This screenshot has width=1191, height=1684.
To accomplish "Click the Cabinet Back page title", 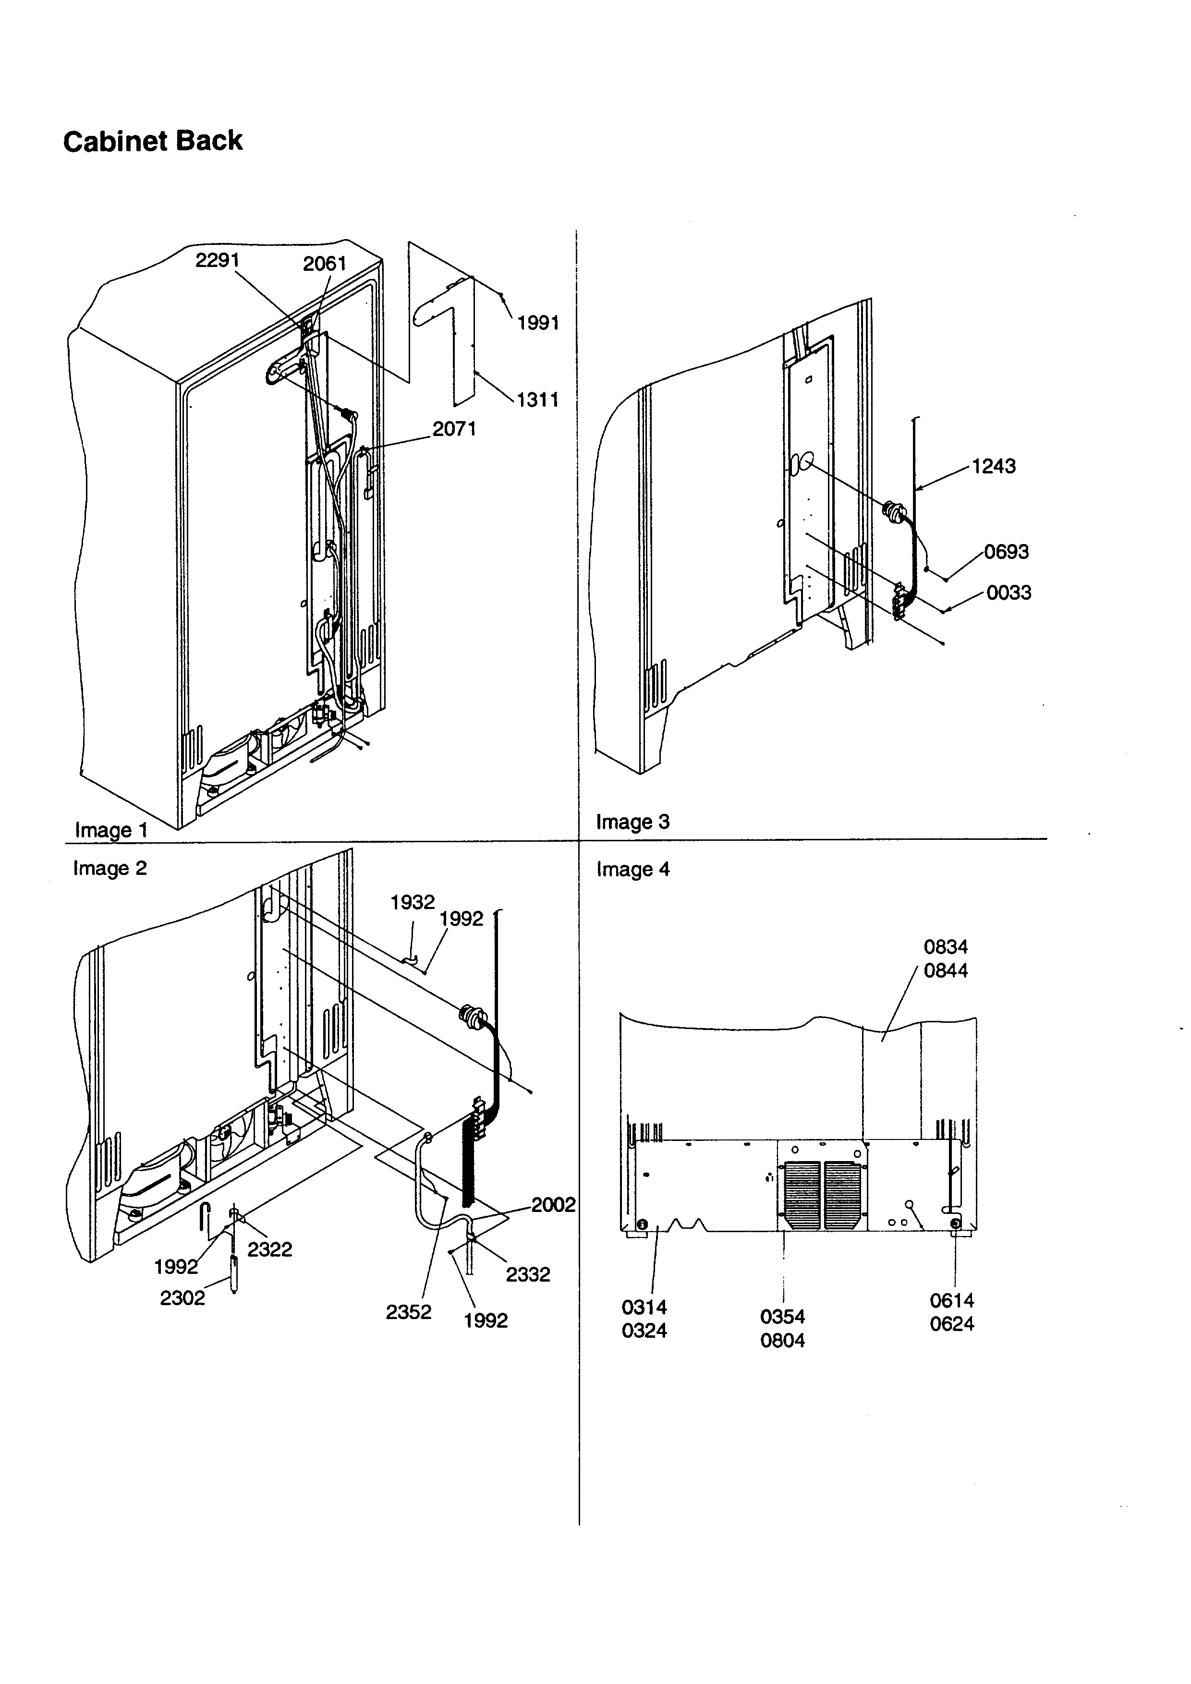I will pyautogui.click(x=153, y=141).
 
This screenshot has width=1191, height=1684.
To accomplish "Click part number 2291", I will pyautogui.click(x=217, y=260).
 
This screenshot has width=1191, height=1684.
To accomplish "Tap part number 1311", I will pyautogui.click(x=537, y=400).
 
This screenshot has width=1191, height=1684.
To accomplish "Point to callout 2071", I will pyautogui.click(x=454, y=429).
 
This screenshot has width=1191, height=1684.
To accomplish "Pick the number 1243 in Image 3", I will pyautogui.click(x=993, y=466).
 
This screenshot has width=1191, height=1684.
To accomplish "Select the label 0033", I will pyautogui.click(x=1009, y=593).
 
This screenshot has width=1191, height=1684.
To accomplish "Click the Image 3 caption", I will pyautogui.click(x=632, y=822).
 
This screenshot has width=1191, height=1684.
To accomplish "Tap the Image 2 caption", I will pyautogui.click(x=110, y=868).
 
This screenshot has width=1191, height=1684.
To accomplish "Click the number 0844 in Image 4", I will pyautogui.click(x=945, y=970).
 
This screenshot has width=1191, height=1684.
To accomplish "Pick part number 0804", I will pyautogui.click(x=782, y=1340).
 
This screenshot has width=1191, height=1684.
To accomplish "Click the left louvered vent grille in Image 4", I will pyautogui.click(x=802, y=1196).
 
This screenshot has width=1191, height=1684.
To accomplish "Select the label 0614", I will pyautogui.click(x=952, y=1300).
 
